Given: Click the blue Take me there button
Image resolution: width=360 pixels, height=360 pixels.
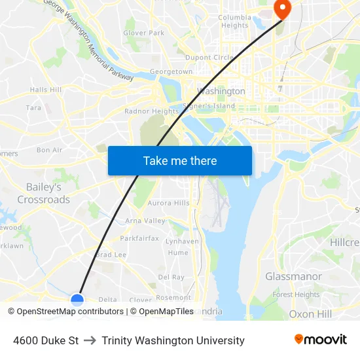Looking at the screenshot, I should pos(179,160).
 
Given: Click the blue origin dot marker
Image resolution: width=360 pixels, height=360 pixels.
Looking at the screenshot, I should pos(77,300).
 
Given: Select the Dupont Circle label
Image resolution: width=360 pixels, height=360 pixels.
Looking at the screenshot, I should pos(209,58).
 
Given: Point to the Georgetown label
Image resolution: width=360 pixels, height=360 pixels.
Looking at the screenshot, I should pos(171,71).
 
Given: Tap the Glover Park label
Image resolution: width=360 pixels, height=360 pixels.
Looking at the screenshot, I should pos(144,33).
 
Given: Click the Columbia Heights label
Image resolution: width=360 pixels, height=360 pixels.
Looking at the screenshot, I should pos(234,22).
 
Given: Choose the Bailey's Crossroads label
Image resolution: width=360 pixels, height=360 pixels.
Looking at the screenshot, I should pos(44,193).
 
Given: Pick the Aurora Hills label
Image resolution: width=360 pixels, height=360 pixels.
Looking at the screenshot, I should pos(168,203).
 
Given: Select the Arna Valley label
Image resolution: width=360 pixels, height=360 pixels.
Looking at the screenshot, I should pos(145,221).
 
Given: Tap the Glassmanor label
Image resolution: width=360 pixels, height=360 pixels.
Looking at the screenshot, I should pos(293,276).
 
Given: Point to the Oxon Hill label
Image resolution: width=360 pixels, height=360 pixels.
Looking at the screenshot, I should pos(310,314).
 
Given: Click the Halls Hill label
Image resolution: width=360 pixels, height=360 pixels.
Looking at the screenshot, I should pos(46,90).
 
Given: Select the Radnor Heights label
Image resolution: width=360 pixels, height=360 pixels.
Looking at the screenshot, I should pos(151,111).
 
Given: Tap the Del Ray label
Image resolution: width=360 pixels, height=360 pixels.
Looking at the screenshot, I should pos(171,278).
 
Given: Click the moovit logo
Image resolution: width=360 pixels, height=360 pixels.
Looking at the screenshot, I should pos(320,340).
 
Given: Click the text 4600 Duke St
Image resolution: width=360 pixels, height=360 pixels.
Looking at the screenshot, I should pos(46,340).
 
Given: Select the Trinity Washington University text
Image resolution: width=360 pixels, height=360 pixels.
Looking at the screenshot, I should pos(173,340).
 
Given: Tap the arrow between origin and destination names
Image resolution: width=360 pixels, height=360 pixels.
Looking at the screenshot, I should pos(90,340).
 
